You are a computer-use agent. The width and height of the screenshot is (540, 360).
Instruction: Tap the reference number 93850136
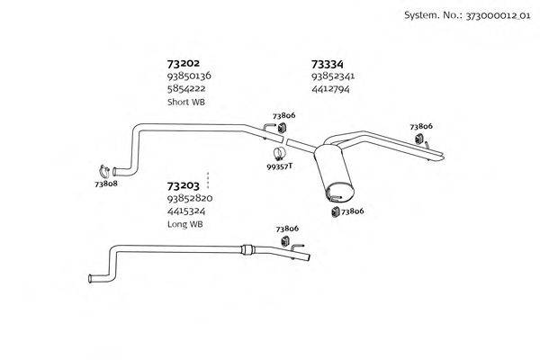point(189,76)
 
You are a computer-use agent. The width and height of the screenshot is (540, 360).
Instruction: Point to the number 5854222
point(185,89)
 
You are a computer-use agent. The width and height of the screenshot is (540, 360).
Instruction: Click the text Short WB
point(186,102)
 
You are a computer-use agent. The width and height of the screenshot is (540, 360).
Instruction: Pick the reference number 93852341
point(333,76)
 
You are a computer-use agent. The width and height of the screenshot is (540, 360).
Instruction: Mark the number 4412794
point(330,89)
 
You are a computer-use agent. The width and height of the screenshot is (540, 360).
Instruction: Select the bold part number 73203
point(183,185)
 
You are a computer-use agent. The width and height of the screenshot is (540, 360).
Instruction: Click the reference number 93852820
point(189,198)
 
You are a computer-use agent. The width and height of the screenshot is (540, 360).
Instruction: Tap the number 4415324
point(186,211)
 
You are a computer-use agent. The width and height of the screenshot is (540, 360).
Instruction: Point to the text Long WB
point(185,223)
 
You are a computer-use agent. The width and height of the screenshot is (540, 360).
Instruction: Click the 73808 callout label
point(106,183)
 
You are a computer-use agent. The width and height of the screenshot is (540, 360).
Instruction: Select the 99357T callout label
point(281,166)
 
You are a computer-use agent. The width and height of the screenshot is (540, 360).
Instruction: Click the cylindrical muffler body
point(336,176)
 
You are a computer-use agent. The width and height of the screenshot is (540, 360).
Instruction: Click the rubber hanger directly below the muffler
point(335,211)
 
